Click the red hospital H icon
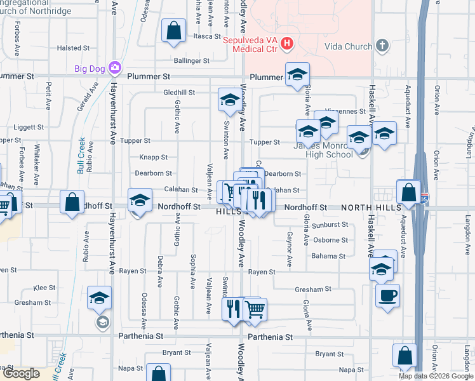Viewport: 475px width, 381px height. (288, 44)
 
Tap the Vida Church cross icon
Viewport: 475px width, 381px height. (382, 46)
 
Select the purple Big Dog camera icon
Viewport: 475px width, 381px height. (115, 67)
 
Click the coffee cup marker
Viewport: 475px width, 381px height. (387, 295)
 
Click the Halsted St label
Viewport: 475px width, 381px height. (70, 48)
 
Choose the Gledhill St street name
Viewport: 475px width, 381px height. (178, 92)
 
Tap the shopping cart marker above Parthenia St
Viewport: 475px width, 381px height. (255, 309)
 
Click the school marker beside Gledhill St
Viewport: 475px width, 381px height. (229, 99)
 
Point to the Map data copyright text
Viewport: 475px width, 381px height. (436, 376)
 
